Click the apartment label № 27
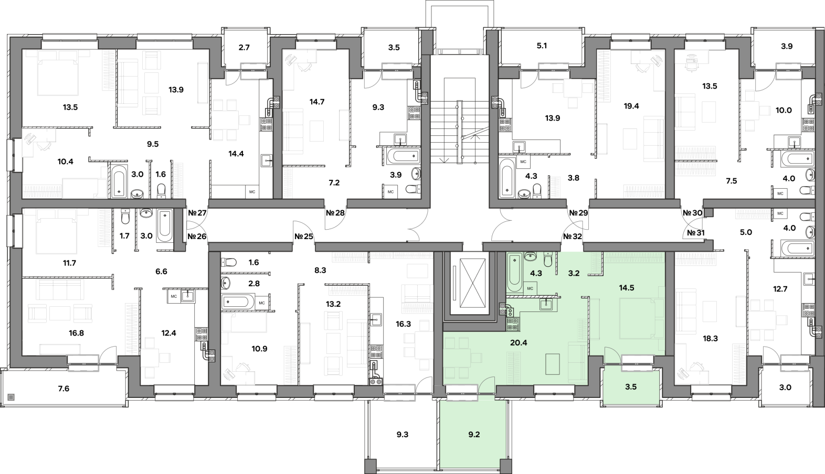coord(197,213)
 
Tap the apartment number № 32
coord(573,236)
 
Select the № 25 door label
coord(303,236)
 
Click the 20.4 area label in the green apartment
coord(519,343)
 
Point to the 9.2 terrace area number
coord(474,435)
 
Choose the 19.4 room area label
coord(631,106)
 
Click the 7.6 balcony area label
coord(64,389)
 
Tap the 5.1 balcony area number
coord(542,46)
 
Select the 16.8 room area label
coord(76,333)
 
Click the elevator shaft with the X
coord(466,286)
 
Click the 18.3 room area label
coord(710,339)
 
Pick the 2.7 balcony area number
coord(244,48)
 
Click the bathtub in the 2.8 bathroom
coord(238,302)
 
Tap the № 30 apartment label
coord(692,213)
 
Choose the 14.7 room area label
coord(317,102)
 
